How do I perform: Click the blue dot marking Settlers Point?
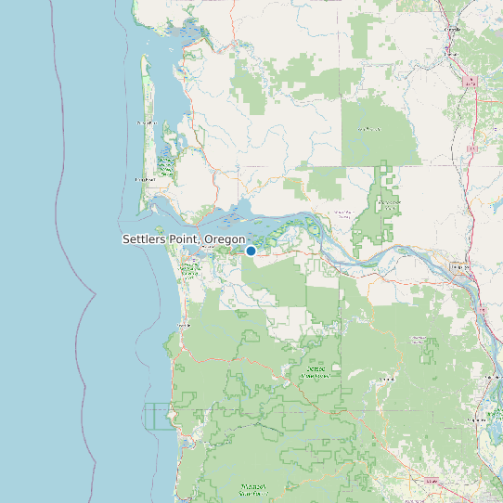click(x=251, y=251)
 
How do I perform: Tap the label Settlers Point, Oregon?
click(x=184, y=239)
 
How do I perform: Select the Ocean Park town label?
click(x=147, y=123)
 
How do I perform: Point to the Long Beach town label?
click(x=144, y=179)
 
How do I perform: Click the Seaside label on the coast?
click(x=183, y=326)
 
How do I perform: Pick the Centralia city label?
click(x=453, y=29)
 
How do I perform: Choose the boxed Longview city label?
click(x=458, y=267)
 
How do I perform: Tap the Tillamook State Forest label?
click(x=252, y=487)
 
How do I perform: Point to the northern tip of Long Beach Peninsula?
click(x=142, y=58)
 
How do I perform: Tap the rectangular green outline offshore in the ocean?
click(x=158, y=416)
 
